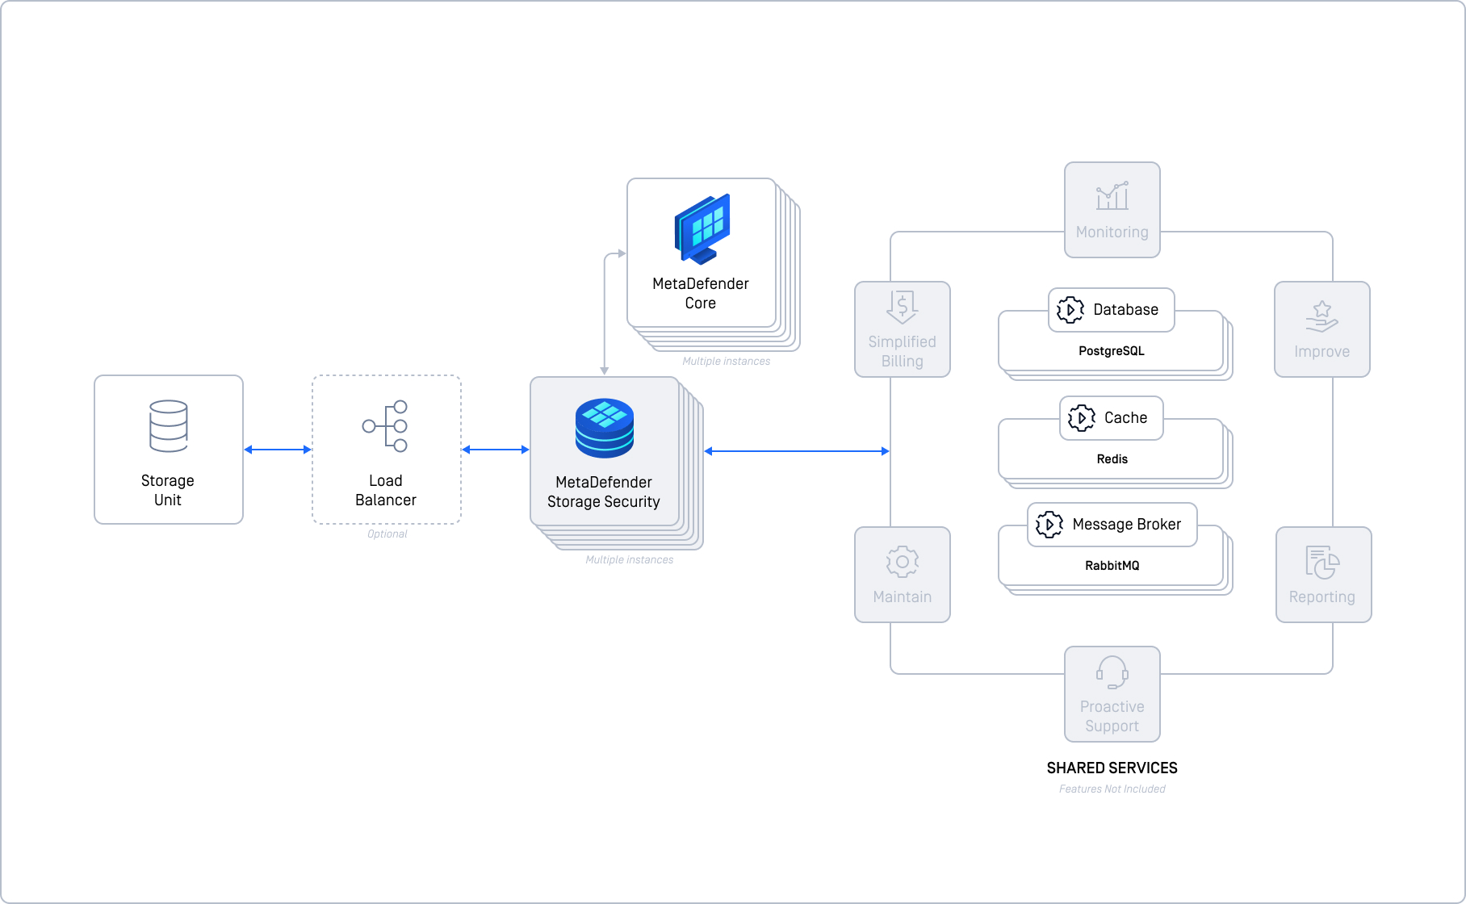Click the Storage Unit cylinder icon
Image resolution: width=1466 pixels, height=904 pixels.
click(x=168, y=425)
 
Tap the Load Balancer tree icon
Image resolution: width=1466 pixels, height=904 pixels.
click(x=385, y=425)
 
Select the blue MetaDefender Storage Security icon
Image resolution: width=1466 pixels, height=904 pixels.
click(x=604, y=429)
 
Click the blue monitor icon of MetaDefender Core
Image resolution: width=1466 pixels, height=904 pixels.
click(x=702, y=229)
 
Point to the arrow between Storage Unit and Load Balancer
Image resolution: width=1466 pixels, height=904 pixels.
click(x=278, y=450)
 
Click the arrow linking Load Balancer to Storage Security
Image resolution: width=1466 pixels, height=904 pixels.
click(x=496, y=450)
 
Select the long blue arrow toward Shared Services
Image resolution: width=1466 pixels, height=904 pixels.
click(x=797, y=451)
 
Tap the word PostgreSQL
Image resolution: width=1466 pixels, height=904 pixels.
click(x=1112, y=351)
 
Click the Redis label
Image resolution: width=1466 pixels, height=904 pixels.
click(x=1112, y=459)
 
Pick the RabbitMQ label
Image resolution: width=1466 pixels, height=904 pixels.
click(x=1112, y=566)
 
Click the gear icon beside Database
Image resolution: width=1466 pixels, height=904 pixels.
click(x=1070, y=310)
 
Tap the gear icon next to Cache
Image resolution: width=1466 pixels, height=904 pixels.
click(x=1082, y=418)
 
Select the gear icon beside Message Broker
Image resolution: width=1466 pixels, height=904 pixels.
click(x=1049, y=525)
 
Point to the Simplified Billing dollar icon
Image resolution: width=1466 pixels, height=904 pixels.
click(x=902, y=307)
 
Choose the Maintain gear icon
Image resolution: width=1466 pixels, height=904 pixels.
click(x=903, y=562)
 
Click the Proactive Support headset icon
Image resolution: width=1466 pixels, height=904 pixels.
click(x=1112, y=672)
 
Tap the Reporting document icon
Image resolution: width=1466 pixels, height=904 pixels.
click(x=1322, y=563)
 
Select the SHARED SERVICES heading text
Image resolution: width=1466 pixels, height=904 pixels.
click(x=1112, y=768)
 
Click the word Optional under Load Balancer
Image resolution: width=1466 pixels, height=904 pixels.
click(x=387, y=534)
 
